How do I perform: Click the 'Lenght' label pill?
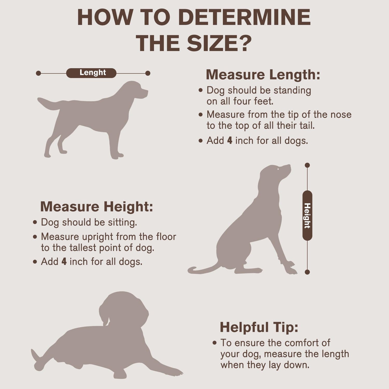coord(91,73)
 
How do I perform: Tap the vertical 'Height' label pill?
coord(307,216)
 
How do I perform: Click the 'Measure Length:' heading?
coord(263,74)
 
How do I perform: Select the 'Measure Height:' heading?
coord(97,206)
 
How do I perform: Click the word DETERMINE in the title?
coord(244,17)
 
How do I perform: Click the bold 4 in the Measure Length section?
coord(230,141)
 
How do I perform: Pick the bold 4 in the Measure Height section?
coord(64,261)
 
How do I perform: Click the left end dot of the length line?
coord(38,73)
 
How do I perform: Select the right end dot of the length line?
coord(148,73)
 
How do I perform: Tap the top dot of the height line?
coord(307,165)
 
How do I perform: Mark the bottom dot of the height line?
coord(307,272)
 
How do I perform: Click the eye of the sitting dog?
coord(278,169)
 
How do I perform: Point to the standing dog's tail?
coord(49,103)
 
